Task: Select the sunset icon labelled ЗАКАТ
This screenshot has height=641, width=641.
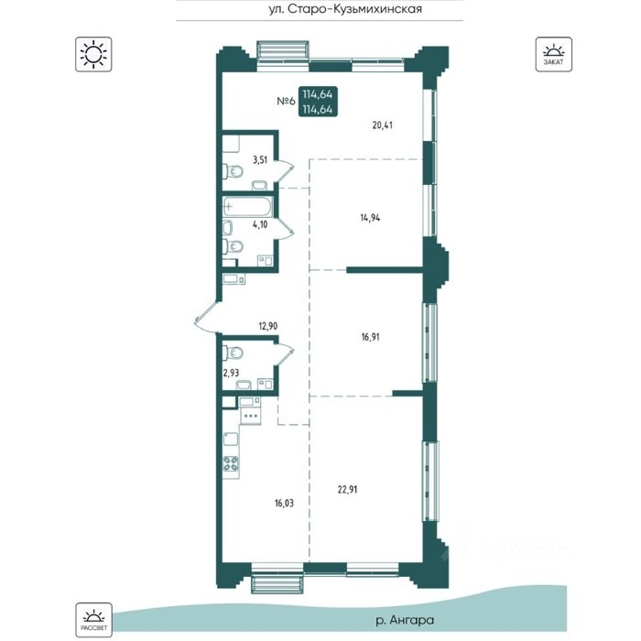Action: click(x=553, y=54)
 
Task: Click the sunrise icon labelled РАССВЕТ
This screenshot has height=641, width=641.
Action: click(x=93, y=620)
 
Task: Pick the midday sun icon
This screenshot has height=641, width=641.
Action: click(x=93, y=54)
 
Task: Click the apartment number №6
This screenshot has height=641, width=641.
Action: click(x=286, y=101)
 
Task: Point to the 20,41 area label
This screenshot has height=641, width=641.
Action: click(x=382, y=125)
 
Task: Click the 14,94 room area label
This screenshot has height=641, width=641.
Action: click(x=370, y=218)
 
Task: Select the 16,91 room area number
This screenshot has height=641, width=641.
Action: click(x=370, y=337)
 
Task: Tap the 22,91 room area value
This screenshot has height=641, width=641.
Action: click(x=347, y=489)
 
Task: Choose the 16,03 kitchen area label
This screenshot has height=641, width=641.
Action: click(x=284, y=503)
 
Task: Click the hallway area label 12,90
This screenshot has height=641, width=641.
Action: click(x=268, y=326)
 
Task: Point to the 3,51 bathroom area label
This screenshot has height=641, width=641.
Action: click(x=259, y=160)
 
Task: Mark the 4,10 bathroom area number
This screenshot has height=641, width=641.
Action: click(x=260, y=224)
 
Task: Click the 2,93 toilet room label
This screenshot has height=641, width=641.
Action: click(x=231, y=373)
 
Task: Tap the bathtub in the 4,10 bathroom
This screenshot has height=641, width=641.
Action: click(x=247, y=207)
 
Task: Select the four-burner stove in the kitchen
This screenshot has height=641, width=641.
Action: click(x=231, y=463)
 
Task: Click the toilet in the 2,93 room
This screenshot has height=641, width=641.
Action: click(x=233, y=353)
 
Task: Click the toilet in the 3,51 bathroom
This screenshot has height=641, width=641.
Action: click(x=233, y=171)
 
